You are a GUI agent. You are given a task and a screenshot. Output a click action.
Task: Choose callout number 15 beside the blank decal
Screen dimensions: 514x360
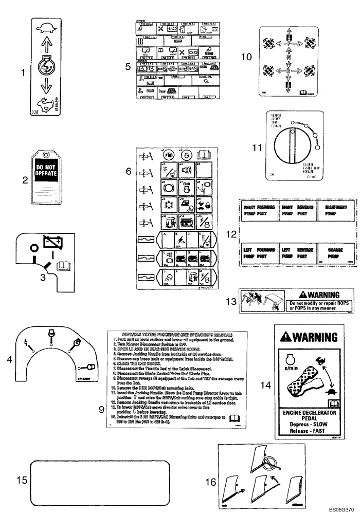(x=21, y=480)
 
